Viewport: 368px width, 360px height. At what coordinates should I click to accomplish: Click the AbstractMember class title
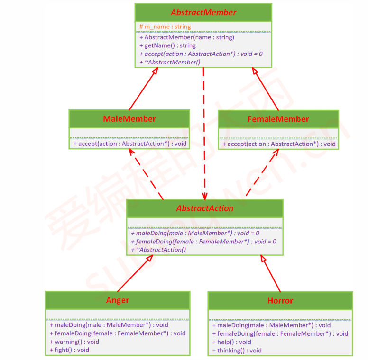tap(203, 12)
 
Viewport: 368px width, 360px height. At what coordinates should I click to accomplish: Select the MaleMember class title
tap(129, 118)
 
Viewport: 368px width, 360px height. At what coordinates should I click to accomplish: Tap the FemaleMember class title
tap(278, 119)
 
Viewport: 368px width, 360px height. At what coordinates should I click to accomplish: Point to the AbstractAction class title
tap(205, 208)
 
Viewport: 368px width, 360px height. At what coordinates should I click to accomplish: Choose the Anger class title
tap(117, 300)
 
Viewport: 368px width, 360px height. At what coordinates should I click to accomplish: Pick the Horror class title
tap(280, 300)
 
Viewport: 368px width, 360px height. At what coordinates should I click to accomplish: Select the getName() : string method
tap(167, 45)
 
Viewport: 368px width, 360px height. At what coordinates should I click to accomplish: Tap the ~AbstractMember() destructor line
tap(170, 62)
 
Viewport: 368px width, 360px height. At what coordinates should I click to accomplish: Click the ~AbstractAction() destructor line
tap(161, 250)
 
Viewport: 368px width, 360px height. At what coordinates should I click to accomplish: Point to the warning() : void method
tap(74, 342)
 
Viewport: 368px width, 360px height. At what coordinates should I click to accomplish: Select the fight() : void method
tap(69, 350)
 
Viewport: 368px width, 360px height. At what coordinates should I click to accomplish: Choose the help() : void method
tap(231, 342)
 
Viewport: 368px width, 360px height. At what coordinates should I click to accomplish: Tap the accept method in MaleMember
tap(129, 144)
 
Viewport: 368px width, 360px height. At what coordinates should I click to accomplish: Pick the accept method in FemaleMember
tap(279, 144)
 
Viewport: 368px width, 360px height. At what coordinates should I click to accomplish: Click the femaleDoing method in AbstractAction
tap(203, 242)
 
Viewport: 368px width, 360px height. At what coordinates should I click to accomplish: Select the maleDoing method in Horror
tap(271, 325)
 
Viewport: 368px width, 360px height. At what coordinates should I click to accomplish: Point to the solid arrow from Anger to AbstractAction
tap(134, 273)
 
